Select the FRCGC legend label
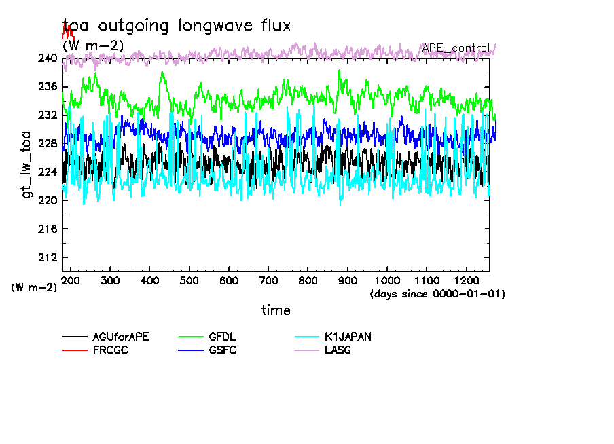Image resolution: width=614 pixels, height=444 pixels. [110, 350]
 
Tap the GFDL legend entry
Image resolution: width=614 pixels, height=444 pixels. [223, 337]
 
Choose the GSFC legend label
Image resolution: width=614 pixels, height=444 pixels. [223, 350]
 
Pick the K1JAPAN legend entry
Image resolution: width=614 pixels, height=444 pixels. [348, 337]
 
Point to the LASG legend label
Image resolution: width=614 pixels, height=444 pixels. [338, 350]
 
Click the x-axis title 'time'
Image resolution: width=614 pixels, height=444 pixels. [276, 310]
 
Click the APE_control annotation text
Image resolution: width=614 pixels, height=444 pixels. [455, 48]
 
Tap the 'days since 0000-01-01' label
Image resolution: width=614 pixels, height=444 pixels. [437, 294]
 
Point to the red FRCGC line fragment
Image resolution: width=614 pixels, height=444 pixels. [68, 31]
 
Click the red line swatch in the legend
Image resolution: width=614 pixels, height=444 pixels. [75, 350]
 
